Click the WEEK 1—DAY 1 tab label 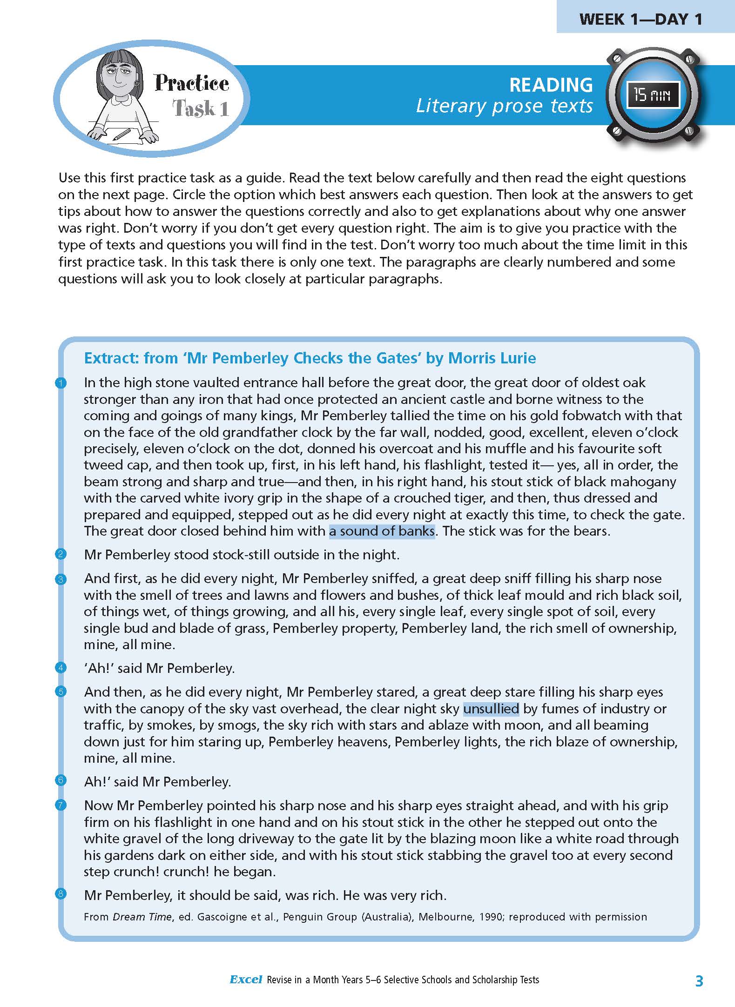[641, 19]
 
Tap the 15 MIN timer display [652, 95]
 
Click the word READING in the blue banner [551, 85]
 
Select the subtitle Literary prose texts [504, 106]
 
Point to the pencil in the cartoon [121, 134]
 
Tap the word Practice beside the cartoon [192, 83]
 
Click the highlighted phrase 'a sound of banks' [382, 531]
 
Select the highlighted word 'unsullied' [491, 708]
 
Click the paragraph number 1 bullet [61, 383]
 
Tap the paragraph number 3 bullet [61, 579]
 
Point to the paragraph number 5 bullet [61, 692]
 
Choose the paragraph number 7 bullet [61, 805]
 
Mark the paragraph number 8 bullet [61, 893]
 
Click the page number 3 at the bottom [699, 980]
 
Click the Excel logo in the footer [246, 980]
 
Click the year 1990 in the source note [491, 917]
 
